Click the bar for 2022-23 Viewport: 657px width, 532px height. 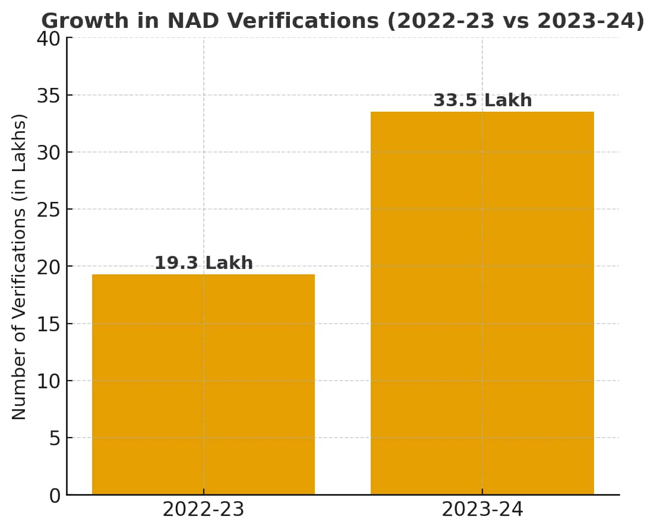click(x=203, y=384)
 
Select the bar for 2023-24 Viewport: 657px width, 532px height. click(x=482, y=303)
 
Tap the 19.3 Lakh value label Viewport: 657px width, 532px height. click(x=204, y=263)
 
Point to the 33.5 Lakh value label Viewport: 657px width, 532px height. click(x=482, y=100)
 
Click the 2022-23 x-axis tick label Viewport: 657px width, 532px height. click(x=203, y=510)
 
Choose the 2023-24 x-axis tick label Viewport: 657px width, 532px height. click(x=482, y=510)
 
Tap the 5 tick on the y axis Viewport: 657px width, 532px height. click(x=55, y=439)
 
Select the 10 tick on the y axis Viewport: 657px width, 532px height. click(x=49, y=381)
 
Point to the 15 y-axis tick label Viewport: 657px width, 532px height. click(x=49, y=324)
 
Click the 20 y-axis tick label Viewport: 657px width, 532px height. click(x=49, y=267)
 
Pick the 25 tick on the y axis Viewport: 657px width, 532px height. click(x=49, y=210)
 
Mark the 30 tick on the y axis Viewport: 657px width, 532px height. click(x=49, y=153)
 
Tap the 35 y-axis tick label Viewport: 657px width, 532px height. click(x=49, y=96)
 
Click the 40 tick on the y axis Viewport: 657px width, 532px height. click(x=49, y=39)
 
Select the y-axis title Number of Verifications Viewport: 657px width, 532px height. click(x=19, y=266)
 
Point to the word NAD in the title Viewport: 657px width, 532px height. click(x=191, y=21)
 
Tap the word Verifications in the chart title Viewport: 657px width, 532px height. click(x=302, y=21)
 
